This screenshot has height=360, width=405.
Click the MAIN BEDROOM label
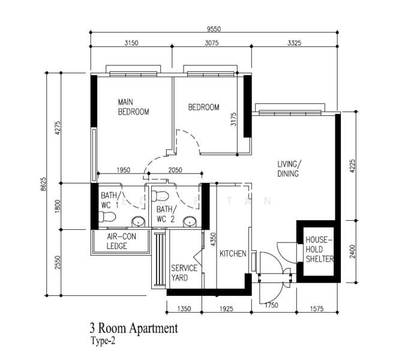pos(133,107)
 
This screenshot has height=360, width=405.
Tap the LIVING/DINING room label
pos(289,169)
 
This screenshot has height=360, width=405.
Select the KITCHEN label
pos(233,254)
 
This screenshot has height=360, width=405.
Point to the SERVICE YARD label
pos(184,273)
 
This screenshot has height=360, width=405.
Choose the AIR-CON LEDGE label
pos(121,241)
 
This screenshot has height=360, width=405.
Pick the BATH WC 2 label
pos(166,214)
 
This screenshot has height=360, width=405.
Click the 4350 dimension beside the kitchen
pos(212,238)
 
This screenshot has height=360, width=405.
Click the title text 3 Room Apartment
pos(133,329)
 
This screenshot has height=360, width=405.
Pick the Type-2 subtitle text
pos(104,341)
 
